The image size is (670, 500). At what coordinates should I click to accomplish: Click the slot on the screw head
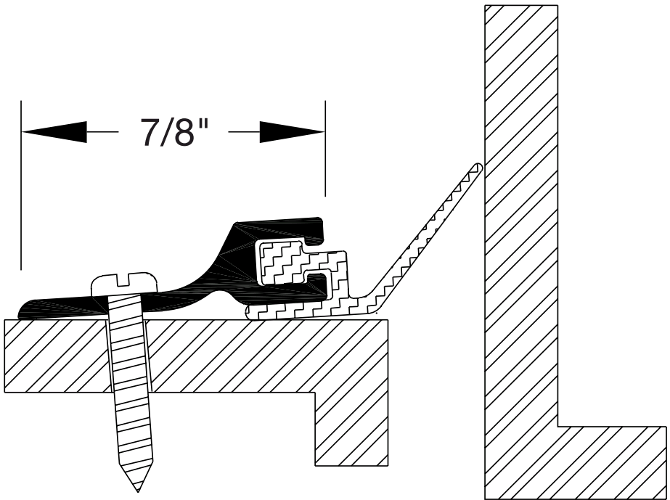(x=124, y=277)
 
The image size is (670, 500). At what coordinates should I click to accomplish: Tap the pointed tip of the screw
(x=138, y=487)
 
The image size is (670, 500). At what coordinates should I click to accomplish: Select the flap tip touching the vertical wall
(x=476, y=168)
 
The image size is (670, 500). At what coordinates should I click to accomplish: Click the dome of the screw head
(x=124, y=282)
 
